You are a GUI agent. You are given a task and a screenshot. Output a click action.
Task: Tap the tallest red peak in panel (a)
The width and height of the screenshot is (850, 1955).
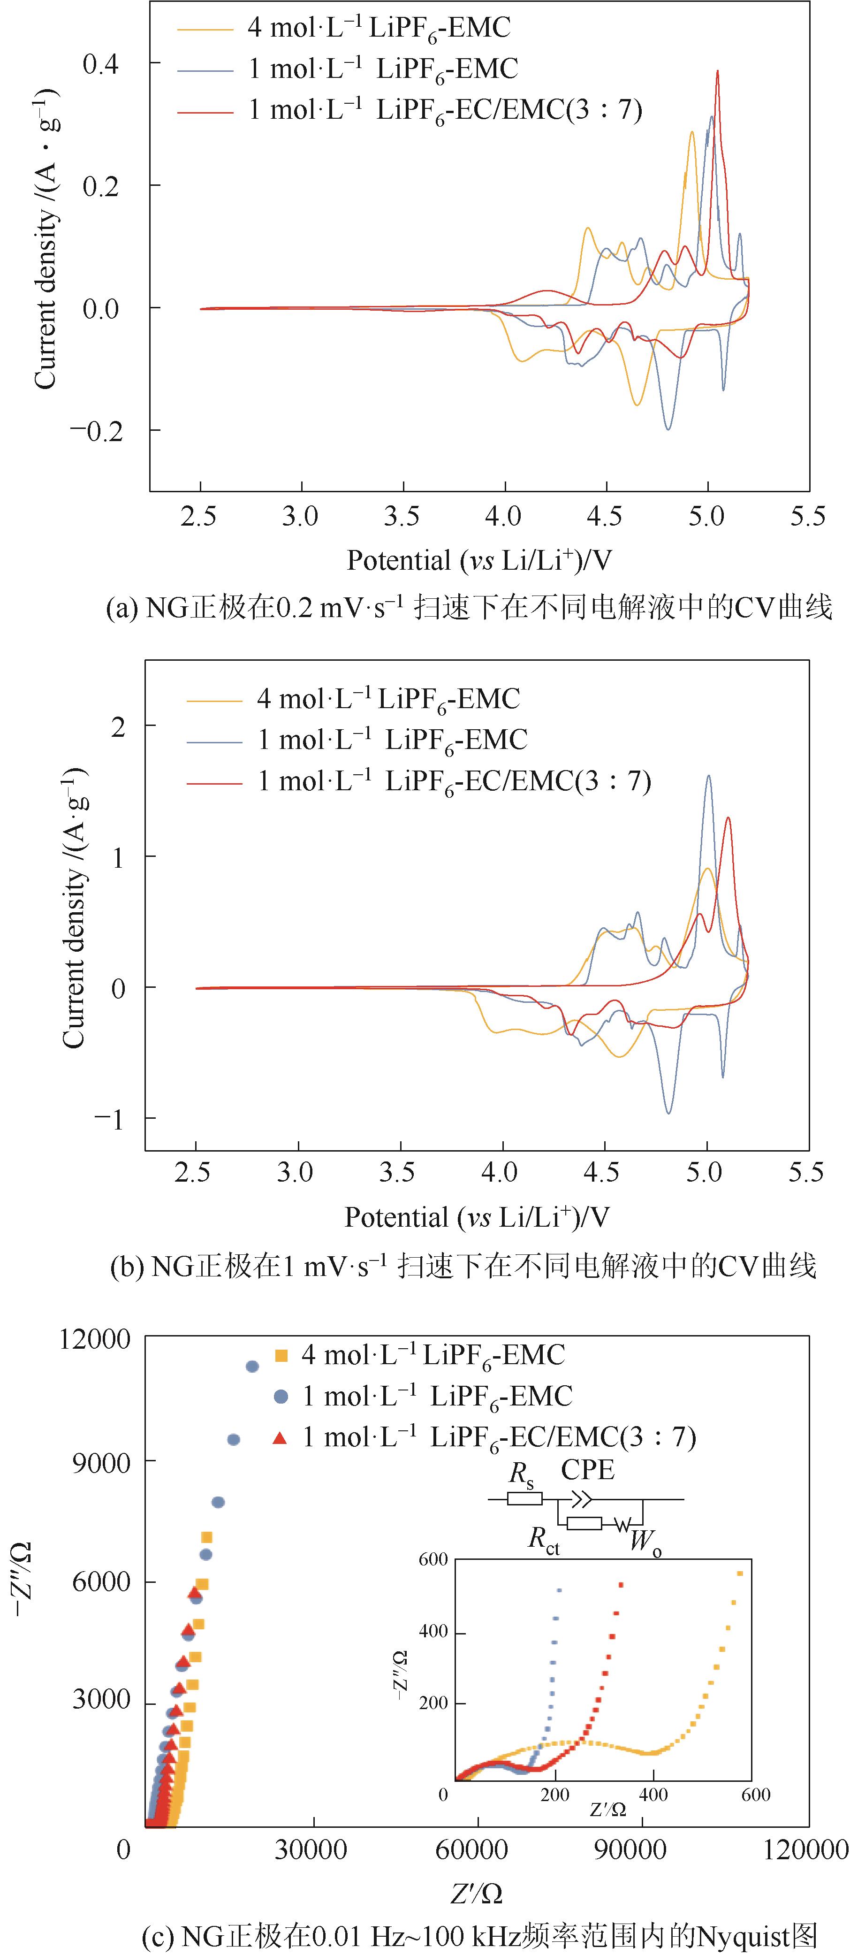[717, 72]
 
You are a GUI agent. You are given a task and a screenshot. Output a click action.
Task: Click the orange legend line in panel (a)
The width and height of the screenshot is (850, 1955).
[205, 29]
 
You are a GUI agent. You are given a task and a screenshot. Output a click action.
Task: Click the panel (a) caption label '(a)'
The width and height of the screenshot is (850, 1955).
[121, 608]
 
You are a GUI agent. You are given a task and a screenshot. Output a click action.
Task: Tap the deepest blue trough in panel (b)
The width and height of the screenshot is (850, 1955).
[668, 1113]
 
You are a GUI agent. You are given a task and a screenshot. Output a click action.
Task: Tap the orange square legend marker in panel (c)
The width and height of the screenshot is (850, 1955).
[281, 1355]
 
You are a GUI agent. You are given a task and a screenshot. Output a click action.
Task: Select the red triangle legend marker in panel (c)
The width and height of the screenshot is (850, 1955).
[281, 1436]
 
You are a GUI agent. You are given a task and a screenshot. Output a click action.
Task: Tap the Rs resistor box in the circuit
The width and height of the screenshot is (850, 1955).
[524, 1498]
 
